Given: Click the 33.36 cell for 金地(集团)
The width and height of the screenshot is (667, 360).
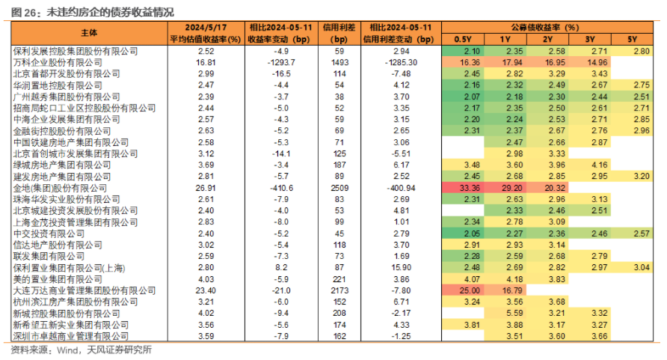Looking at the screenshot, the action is coord(463,188).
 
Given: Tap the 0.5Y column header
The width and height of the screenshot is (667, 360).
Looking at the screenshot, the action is coord(463,40).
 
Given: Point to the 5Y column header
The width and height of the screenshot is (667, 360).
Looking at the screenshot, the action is coord(632,40).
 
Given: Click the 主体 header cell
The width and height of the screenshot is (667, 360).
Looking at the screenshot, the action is coord(89,33).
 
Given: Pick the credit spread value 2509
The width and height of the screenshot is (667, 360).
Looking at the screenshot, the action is coord(339,188).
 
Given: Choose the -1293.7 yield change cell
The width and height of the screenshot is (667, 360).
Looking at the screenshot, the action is coord(281,63).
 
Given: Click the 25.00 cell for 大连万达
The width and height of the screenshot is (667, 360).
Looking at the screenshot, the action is coord(463,290).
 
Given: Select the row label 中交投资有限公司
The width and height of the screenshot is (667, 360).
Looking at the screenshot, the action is coord(49,234).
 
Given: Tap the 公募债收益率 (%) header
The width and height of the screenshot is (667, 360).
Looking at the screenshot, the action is coord(547,28).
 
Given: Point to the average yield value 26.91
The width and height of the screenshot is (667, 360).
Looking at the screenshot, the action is coord(206,188).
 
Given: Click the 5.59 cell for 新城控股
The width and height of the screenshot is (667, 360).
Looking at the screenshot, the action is coord(505,313).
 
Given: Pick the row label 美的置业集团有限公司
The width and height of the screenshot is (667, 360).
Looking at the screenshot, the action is coord(58,279).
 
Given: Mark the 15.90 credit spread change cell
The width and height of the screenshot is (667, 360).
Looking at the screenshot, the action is coord(401,268).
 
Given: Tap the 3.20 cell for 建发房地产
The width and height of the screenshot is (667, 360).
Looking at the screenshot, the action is coord(632,176).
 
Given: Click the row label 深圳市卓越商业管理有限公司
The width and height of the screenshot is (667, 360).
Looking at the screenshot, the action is coord(70,336).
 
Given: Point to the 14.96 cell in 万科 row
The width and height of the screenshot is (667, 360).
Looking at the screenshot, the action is coord(589,63).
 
